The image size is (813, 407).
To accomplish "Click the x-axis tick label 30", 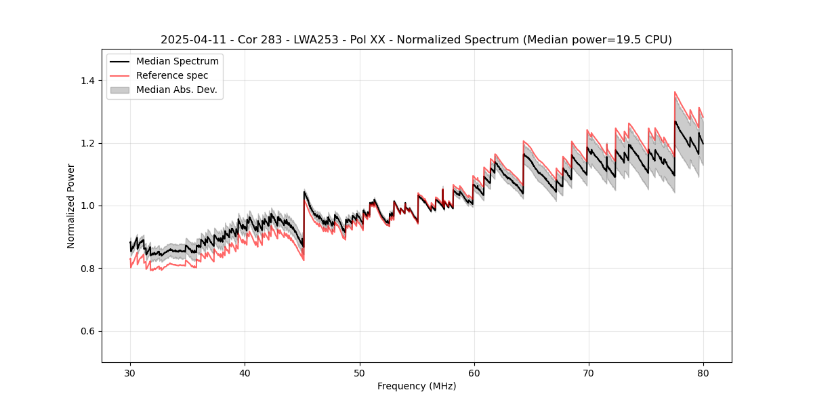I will click(x=130, y=373).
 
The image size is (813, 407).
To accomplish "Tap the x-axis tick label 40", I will click(x=245, y=373).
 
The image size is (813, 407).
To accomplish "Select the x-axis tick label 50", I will click(x=359, y=373).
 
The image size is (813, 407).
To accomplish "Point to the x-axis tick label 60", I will click(x=474, y=373).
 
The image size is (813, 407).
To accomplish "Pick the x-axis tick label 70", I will click(x=588, y=373).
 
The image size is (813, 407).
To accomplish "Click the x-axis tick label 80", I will click(x=703, y=373).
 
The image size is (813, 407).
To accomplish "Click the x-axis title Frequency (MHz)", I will click(x=417, y=386).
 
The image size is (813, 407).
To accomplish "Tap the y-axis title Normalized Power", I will click(x=70, y=206).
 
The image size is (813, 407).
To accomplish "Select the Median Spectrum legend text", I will click(x=178, y=62).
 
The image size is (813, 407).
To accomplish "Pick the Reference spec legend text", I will click(x=172, y=75).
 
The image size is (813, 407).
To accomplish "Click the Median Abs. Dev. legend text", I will click(x=177, y=90).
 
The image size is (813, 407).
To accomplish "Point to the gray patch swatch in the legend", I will click(x=121, y=90).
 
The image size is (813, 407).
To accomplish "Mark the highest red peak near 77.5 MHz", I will click(x=675, y=92).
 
